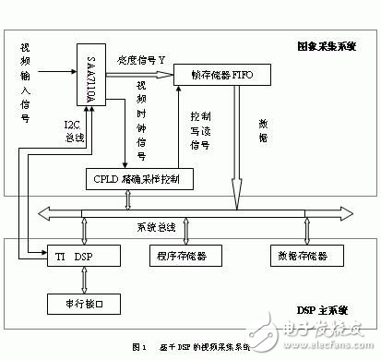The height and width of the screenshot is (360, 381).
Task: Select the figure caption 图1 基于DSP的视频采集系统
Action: (x=190, y=347)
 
